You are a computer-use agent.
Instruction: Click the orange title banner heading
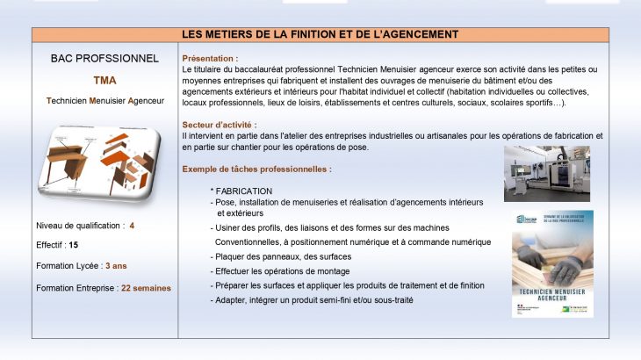pos(320,34)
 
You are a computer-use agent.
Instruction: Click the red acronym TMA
pos(104,80)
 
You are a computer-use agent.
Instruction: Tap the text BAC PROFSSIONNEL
pos(104,59)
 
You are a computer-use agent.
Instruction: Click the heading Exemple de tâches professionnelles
pos(256,169)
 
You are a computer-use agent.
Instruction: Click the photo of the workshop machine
pos(547,173)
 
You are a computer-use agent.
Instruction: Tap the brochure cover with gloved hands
pos(552,263)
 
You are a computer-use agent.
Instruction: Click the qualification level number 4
pos(132,226)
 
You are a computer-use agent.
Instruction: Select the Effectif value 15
pos(74,246)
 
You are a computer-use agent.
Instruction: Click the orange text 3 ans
pos(117,266)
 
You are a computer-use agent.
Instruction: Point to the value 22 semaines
pos(146,288)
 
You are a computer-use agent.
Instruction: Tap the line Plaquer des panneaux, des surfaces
pos(281,256)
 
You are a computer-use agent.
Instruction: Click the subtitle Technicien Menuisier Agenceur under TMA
pos(104,101)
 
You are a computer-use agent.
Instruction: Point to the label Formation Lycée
pos(68,266)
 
